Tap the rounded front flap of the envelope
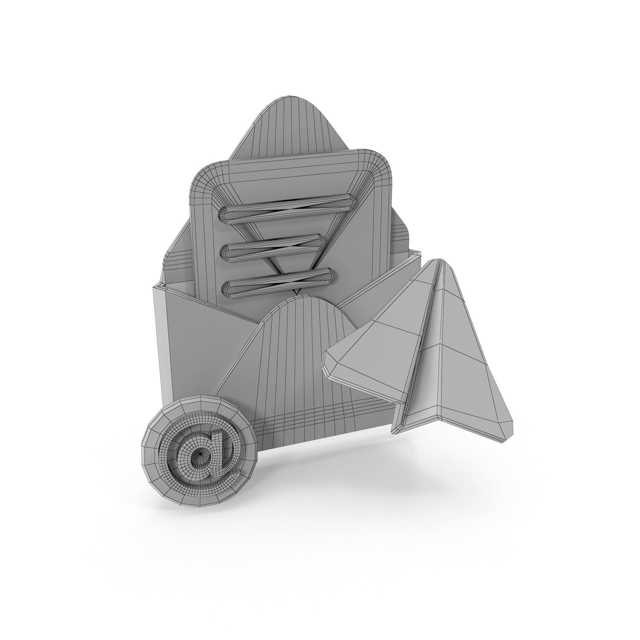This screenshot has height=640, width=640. pos(298,358)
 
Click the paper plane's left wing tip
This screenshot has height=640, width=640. pos(326,359)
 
